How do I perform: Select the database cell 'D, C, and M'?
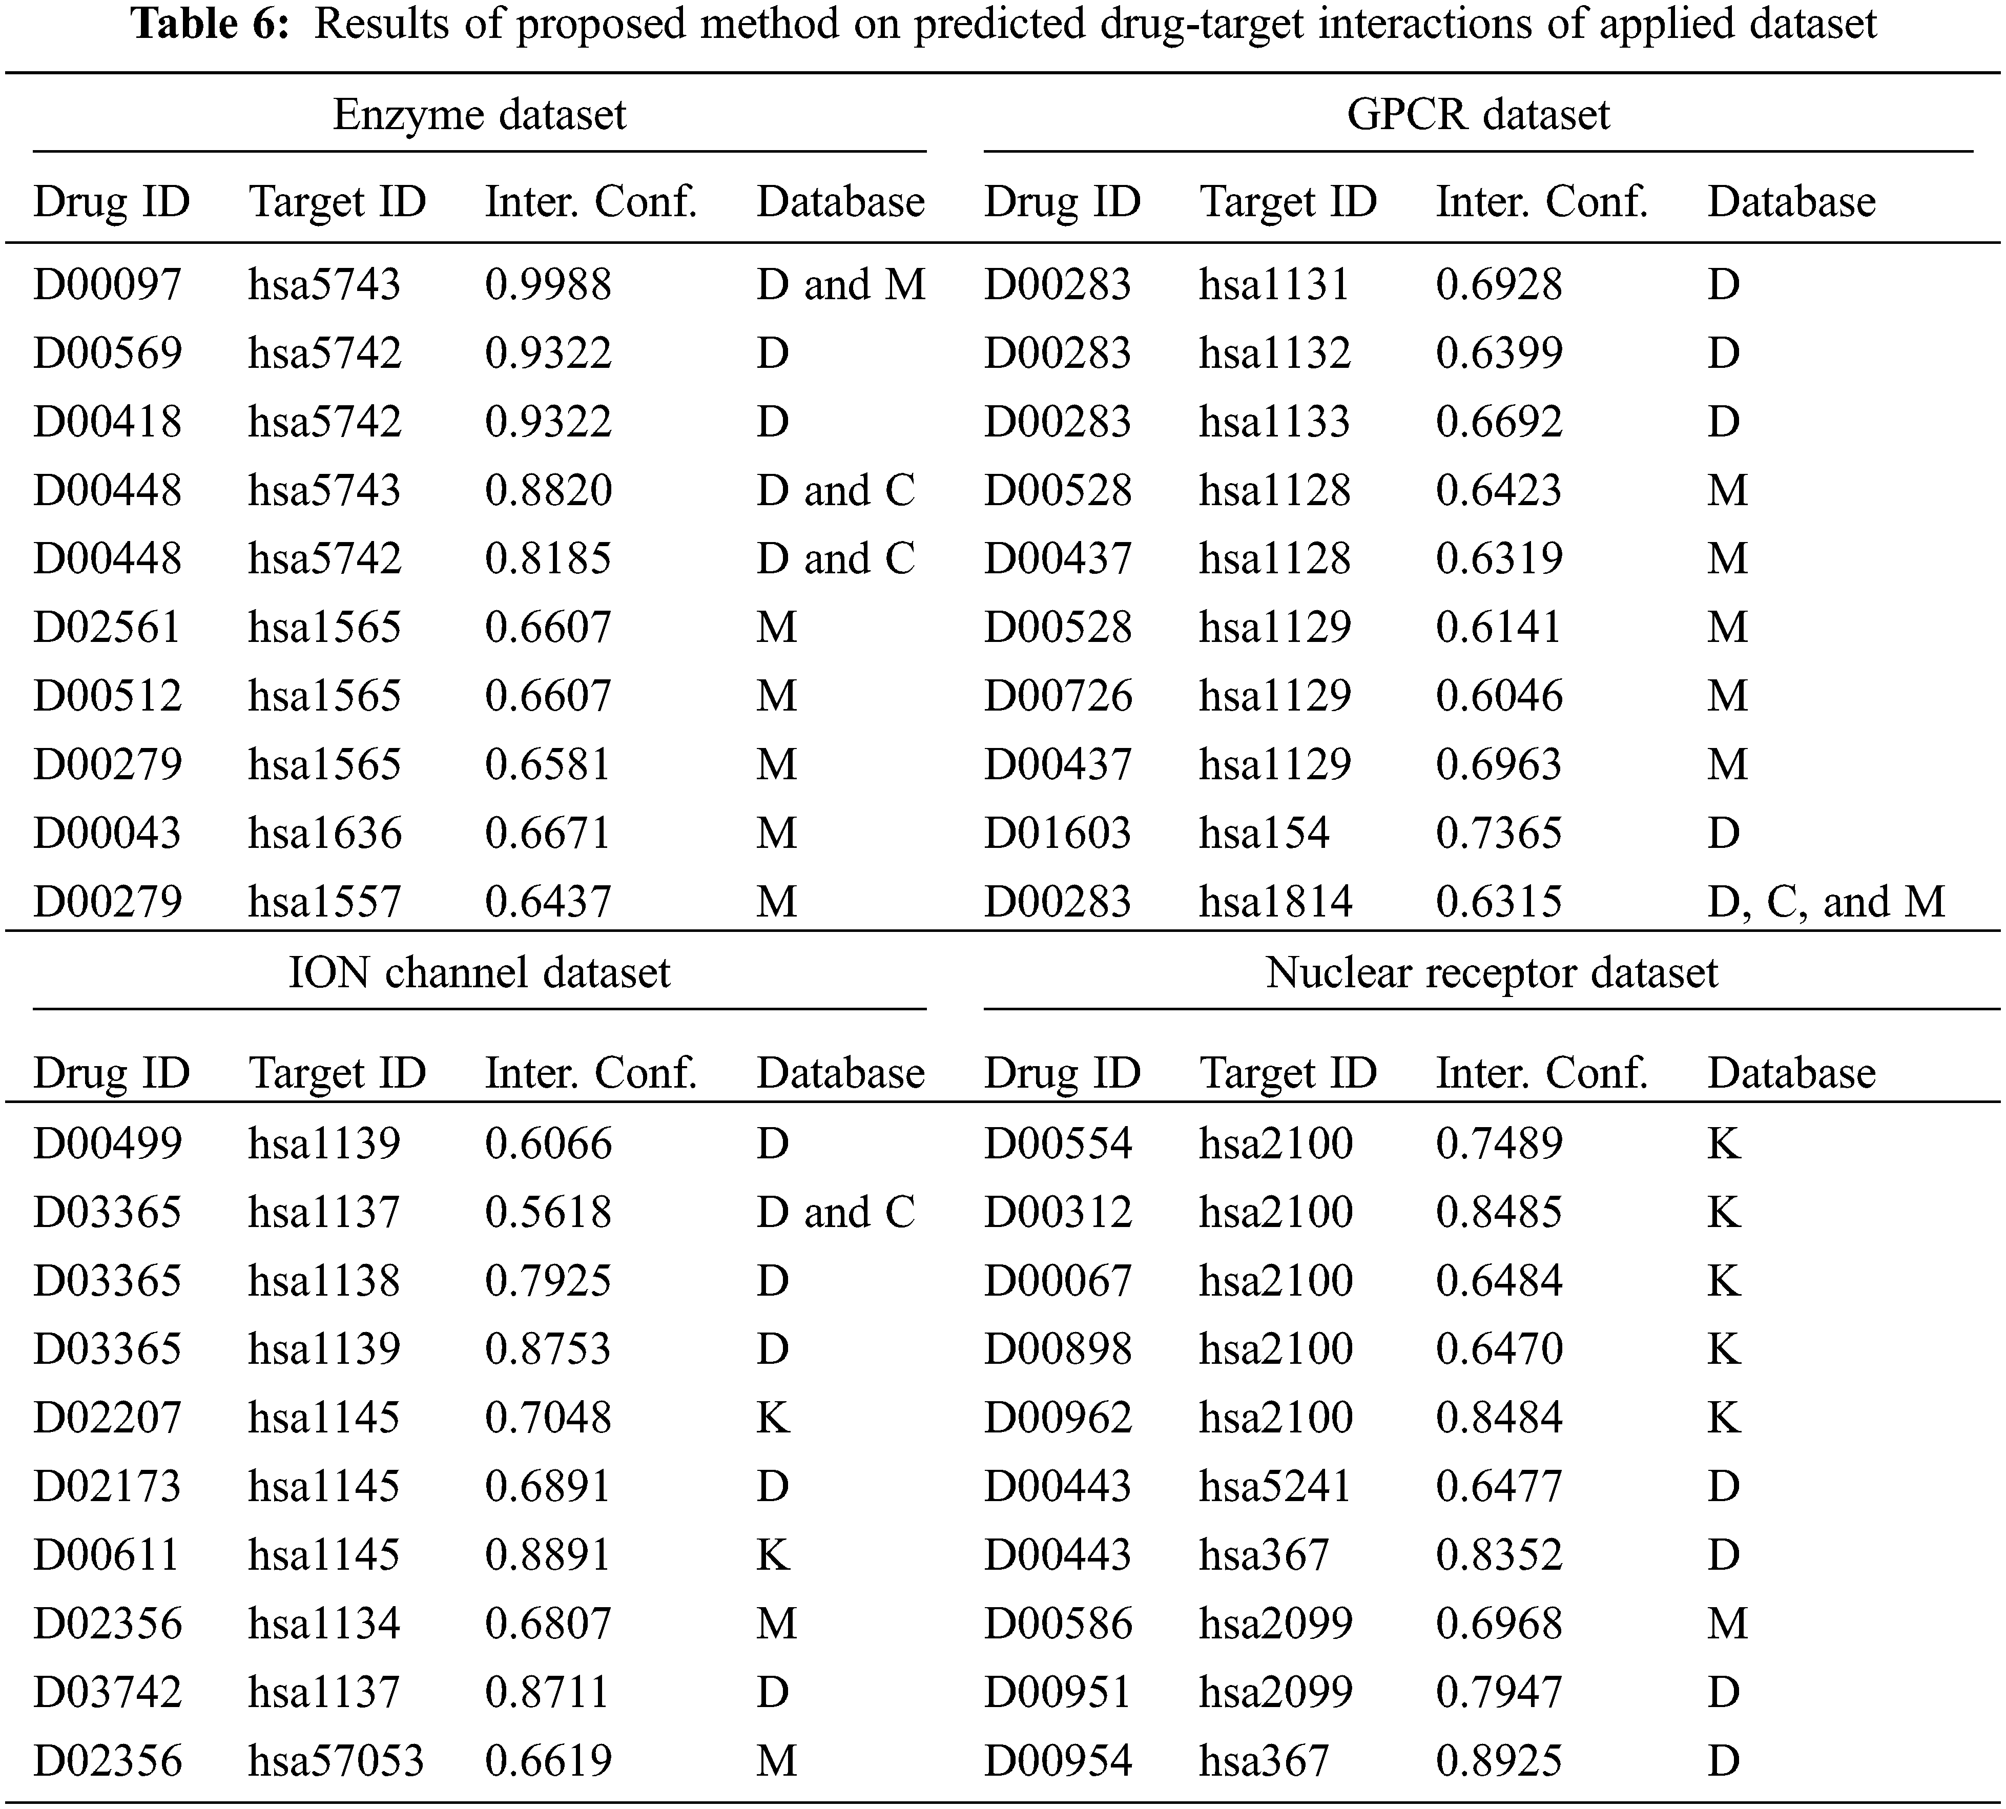pos(1825,902)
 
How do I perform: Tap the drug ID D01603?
pos(1058,833)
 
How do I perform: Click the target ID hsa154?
pos(1264,833)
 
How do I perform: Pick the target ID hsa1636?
pos(324,833)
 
